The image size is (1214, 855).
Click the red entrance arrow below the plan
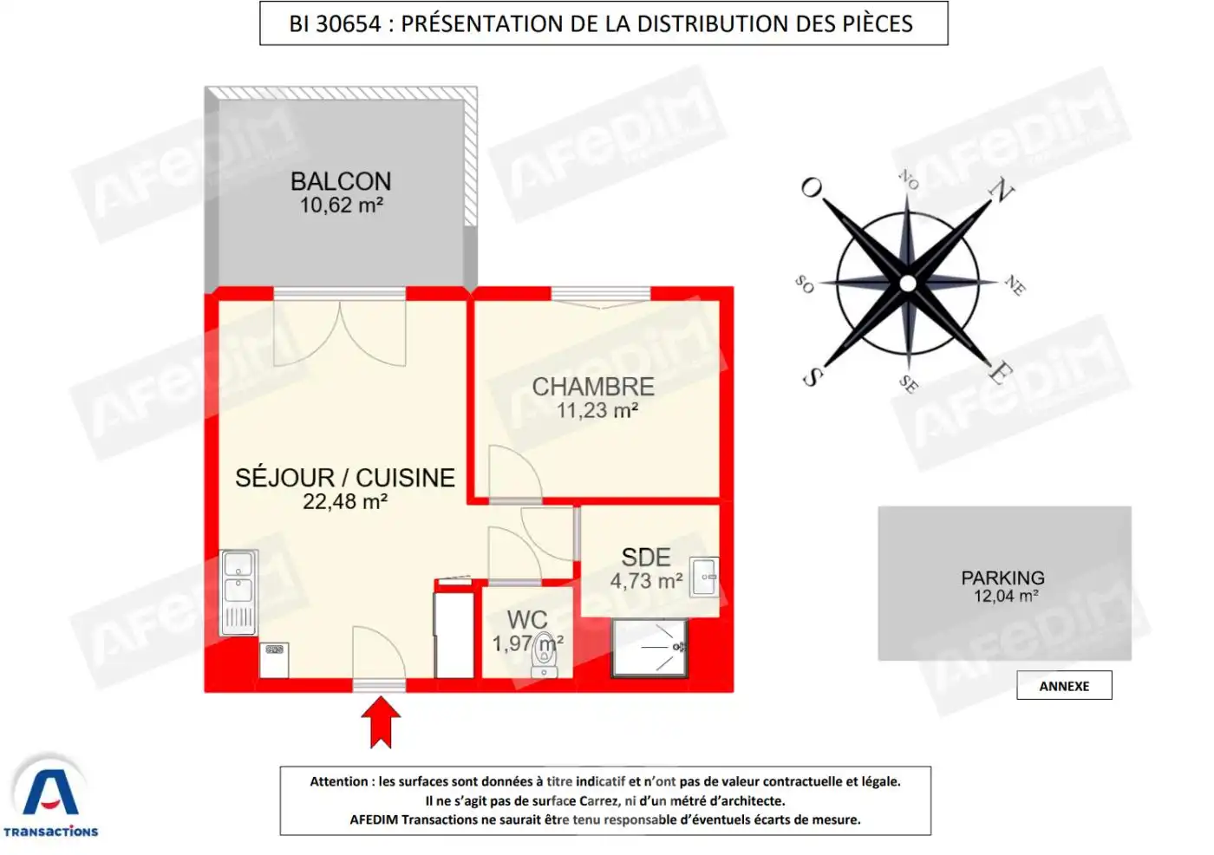(381, 721)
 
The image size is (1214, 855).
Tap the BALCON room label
(341, 181)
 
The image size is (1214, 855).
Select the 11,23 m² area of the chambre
(597, 411)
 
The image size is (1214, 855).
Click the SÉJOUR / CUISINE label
(344, 478)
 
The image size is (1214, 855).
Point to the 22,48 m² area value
(344, 502)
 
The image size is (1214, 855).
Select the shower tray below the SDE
(649, 647)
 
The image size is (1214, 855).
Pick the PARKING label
(1002, 578)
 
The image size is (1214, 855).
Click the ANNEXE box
(1064, 686)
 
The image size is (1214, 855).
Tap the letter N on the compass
(1002, 190)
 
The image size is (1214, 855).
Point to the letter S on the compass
(812, 376)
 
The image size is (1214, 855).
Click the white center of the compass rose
(907, 284)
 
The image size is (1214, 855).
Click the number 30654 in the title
(348, 24)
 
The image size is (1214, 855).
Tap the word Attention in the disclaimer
(339, 781)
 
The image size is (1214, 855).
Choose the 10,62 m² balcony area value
(341, 206)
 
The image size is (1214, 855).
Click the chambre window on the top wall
(600, 293)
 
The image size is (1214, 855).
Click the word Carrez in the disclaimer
(599, 801)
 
